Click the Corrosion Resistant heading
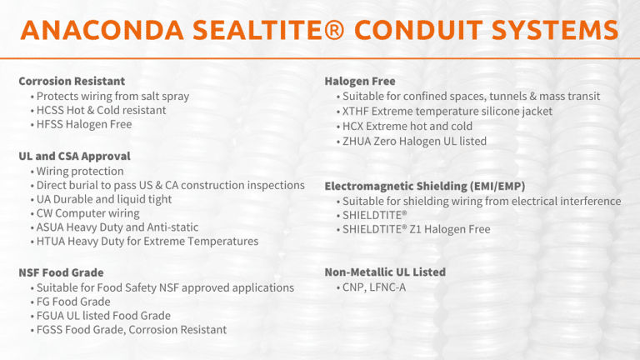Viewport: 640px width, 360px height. (x=72, y=82)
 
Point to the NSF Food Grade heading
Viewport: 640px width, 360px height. (x=61, y=272)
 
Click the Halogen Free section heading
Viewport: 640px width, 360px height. (x=359, y=82)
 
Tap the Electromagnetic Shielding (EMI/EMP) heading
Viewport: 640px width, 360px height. (x=424, y=186)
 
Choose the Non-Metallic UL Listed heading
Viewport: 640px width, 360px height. (x=384, y=272)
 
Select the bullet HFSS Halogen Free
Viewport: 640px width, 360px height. (x=83, y=124)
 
